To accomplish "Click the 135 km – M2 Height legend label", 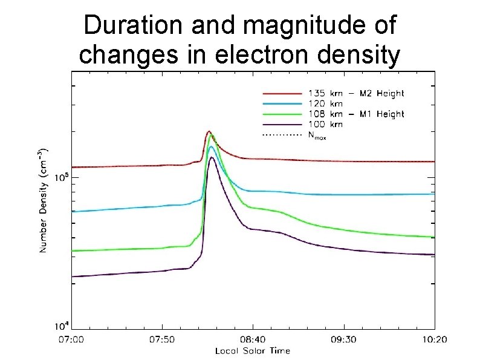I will click(356, 94).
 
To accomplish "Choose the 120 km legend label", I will click(325, 104).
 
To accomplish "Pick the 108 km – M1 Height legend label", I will click(356, 114).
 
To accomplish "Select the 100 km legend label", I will click(325, 125).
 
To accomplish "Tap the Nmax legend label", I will click(317, 136).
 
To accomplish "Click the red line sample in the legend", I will click(281, 94).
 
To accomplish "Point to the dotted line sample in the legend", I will click(281, 135).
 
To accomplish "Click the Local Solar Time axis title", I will click(253, 351).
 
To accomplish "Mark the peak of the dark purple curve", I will click(212, 157).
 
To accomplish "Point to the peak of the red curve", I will click(209, 131).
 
